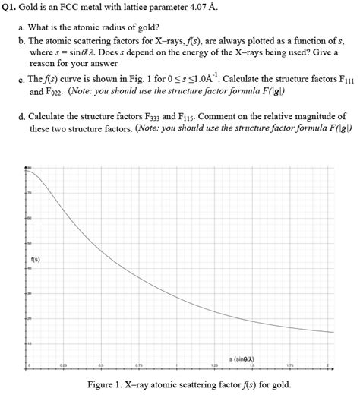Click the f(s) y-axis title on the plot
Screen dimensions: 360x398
(36, 259)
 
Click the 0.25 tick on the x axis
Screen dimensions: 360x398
(65, 366)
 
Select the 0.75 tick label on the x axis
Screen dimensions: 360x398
(139, 366)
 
